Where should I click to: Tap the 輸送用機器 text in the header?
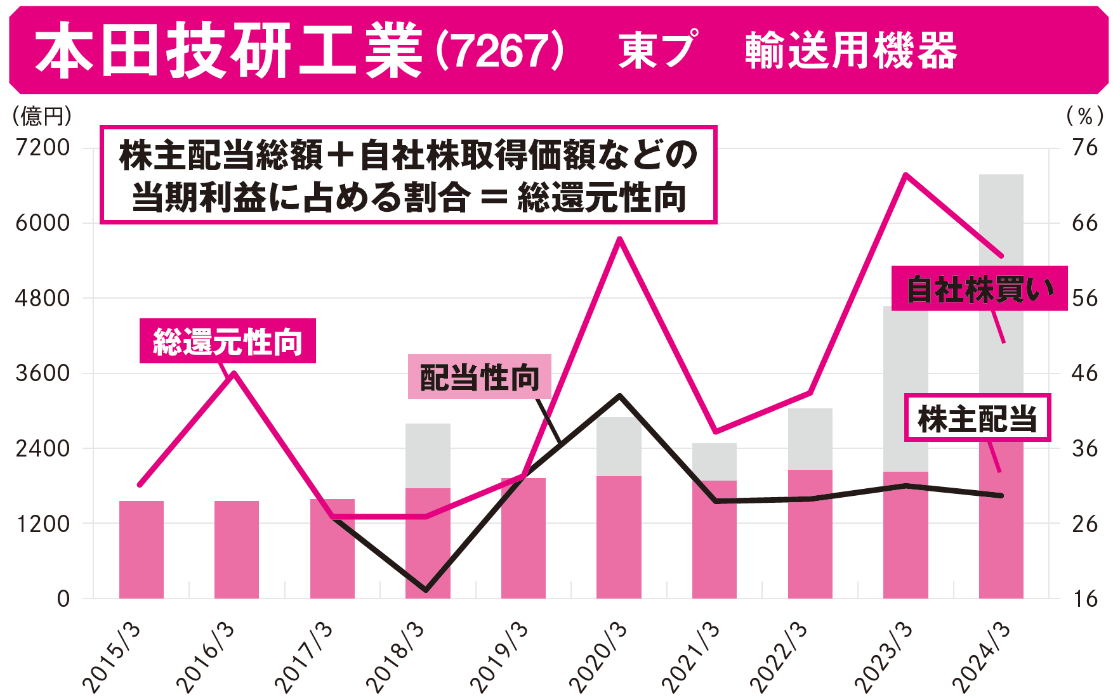pos(850,51)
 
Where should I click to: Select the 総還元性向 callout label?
pos(227,341)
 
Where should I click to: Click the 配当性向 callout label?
pos(479,377)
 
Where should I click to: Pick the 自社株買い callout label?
pos(979,289)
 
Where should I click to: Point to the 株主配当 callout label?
pos(977,418)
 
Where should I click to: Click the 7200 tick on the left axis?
pos(43,148)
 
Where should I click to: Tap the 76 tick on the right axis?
pos(1084,148)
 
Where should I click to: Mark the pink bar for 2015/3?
pos(142,549)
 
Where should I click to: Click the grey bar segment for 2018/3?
pos(428,455)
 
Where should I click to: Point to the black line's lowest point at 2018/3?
pos(426,590)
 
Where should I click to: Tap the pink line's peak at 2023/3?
pos(906,174)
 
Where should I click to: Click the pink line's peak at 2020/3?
pos(620,239)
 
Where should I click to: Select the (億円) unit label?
pos(42,116)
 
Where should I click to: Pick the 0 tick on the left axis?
pos(63,599)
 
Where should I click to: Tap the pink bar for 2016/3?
pos(237,549)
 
